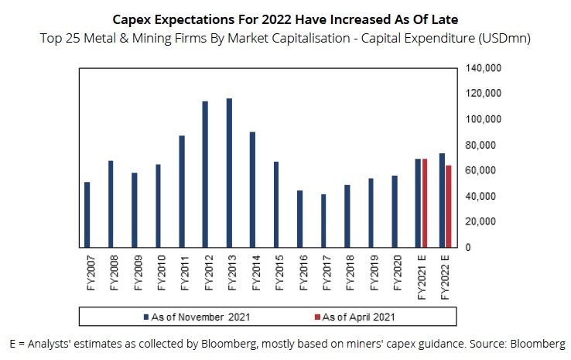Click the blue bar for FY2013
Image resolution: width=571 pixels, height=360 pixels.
point(228,173)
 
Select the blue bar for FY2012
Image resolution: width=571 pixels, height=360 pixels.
point(205,174)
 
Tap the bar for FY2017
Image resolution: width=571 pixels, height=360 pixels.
point(323,221)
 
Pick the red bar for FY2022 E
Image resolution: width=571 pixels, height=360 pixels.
point(449,206)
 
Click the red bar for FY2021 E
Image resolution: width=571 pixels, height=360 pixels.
point(425,203)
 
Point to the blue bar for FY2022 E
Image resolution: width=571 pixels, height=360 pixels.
point(442,201)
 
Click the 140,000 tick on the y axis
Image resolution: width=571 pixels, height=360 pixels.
point(483,68)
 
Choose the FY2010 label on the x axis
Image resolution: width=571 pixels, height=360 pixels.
point(159,272)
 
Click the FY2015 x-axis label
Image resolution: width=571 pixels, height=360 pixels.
point(276,272)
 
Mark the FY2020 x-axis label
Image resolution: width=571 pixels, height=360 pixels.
point(395,272)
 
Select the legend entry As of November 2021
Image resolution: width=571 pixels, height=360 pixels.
point(200,316)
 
